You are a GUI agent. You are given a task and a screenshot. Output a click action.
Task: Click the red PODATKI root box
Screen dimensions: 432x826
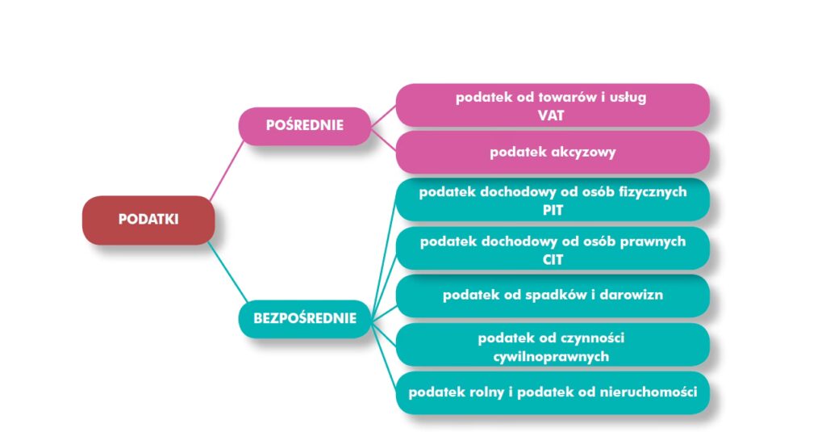coord(148,220)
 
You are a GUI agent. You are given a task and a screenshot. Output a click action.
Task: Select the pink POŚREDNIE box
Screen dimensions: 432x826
coord(305,125)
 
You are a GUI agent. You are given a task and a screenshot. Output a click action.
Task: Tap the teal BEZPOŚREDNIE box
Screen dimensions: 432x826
coord(305,318)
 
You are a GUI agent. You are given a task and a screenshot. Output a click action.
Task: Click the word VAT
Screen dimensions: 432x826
coord(551,115)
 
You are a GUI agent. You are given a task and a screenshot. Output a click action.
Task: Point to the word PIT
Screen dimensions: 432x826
coord(553,210)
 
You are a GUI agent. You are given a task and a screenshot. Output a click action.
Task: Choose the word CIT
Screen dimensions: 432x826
coord(553,259)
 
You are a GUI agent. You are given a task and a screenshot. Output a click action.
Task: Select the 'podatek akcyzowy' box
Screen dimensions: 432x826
coord(553,152)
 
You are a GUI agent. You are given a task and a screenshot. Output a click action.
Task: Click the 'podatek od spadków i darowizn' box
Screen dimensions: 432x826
coord(553,295)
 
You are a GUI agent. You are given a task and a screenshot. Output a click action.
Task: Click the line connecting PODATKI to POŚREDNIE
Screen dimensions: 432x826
coord(227,169)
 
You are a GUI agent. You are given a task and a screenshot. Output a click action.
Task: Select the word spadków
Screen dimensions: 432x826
coord(548,295)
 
